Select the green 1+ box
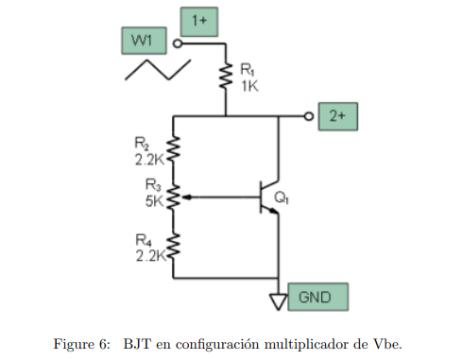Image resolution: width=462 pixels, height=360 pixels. pos(197,18)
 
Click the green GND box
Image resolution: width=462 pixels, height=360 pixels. pos(317,296)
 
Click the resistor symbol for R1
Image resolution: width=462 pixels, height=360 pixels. pos(226,77)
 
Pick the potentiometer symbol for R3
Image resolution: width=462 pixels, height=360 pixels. pos(174,197)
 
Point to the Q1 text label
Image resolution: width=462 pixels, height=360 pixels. pos(282,198)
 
